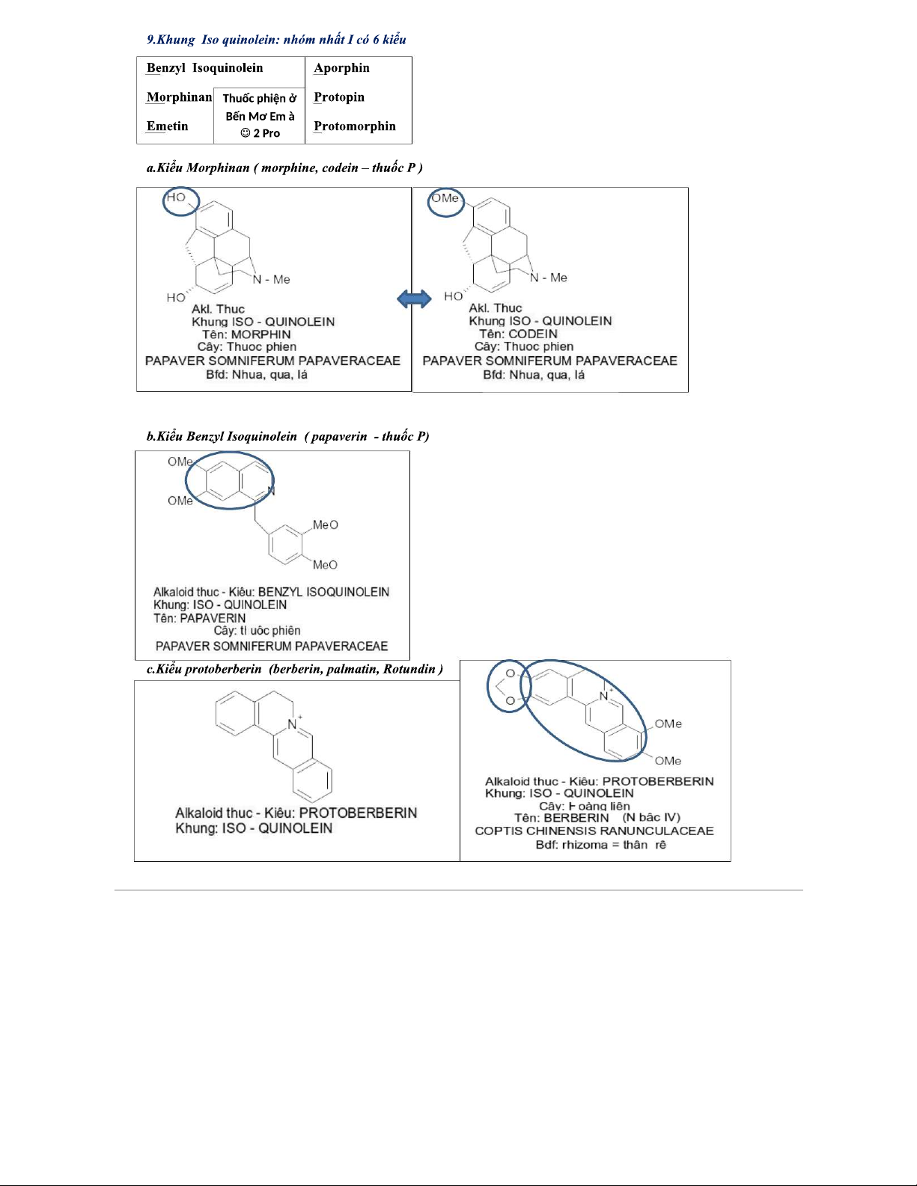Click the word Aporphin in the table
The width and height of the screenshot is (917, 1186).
pyautogui.click(x=341, y=68)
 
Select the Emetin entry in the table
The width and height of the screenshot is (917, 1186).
pyautogui.click(x=167, y=126)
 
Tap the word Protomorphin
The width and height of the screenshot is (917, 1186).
pyautogui.click(x=354, y=126)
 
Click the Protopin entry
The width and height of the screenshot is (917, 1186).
pyautogui.click(x=339, y=97)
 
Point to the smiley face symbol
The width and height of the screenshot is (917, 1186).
pyautogui.click(x=245, y=133)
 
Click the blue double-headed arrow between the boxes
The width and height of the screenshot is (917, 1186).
pyautogui.click(x=414, y=299)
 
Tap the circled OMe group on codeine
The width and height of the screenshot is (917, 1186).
pyautogui.click(x=445, y=201)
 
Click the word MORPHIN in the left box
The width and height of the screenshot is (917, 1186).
pyautogui.click(x=261, y=334)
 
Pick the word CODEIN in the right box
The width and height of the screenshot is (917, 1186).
pyautogui.click(x=533, y=334)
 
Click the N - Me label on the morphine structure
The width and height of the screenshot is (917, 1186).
pyautogui.click(x=271, y=280)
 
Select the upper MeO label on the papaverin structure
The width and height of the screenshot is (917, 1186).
pyautogui.click(x=325, y=525)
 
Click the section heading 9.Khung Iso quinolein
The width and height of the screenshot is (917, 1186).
pyautogui.click(x=275, y=40)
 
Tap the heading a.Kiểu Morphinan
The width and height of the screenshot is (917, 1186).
pyautogui.click(x=284, y=168)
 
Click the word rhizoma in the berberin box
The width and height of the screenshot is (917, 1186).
pyautogui.click(x=585, y=845)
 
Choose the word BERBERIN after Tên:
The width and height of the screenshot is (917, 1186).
pyautogui.click(x=576, y=818)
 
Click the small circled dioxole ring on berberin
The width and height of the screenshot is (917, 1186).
pyautogui.click(x=508, y=686)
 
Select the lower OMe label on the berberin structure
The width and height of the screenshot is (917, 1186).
pyautogui.click(x=668, y=761)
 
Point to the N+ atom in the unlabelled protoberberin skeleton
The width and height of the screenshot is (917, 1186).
pyautogui.click(x=293, y=724)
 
